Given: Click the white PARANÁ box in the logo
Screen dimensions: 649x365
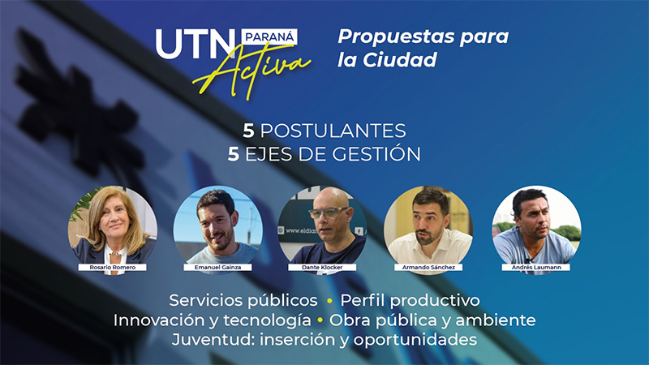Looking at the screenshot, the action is click(269, 37).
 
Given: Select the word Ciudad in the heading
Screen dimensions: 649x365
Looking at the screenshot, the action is click(400, 59).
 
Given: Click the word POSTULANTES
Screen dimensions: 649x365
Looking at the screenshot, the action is click(333, 131).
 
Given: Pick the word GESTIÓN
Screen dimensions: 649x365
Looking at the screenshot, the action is click(376, 154).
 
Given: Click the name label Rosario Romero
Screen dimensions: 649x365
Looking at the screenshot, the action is click(113, 268).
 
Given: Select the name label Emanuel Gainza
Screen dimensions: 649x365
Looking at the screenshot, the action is click(217, 268).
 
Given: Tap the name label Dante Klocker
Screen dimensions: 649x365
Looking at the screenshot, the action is click(322, 268).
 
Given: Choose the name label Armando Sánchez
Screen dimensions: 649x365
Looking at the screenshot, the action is click(428, 268).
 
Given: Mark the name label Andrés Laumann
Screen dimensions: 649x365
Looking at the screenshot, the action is click(536, 268).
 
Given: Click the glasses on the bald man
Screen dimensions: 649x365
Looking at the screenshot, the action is click(329, 213).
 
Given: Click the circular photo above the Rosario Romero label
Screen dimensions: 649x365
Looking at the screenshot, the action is click(113, 229).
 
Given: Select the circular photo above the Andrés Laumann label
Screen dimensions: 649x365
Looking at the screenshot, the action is click(536, 229).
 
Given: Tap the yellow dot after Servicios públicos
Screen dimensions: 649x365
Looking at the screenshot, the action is click(329, 301).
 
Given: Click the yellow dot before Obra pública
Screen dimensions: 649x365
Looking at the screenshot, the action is click(320, 320).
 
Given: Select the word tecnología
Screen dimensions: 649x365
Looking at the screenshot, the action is click(267, 320).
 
